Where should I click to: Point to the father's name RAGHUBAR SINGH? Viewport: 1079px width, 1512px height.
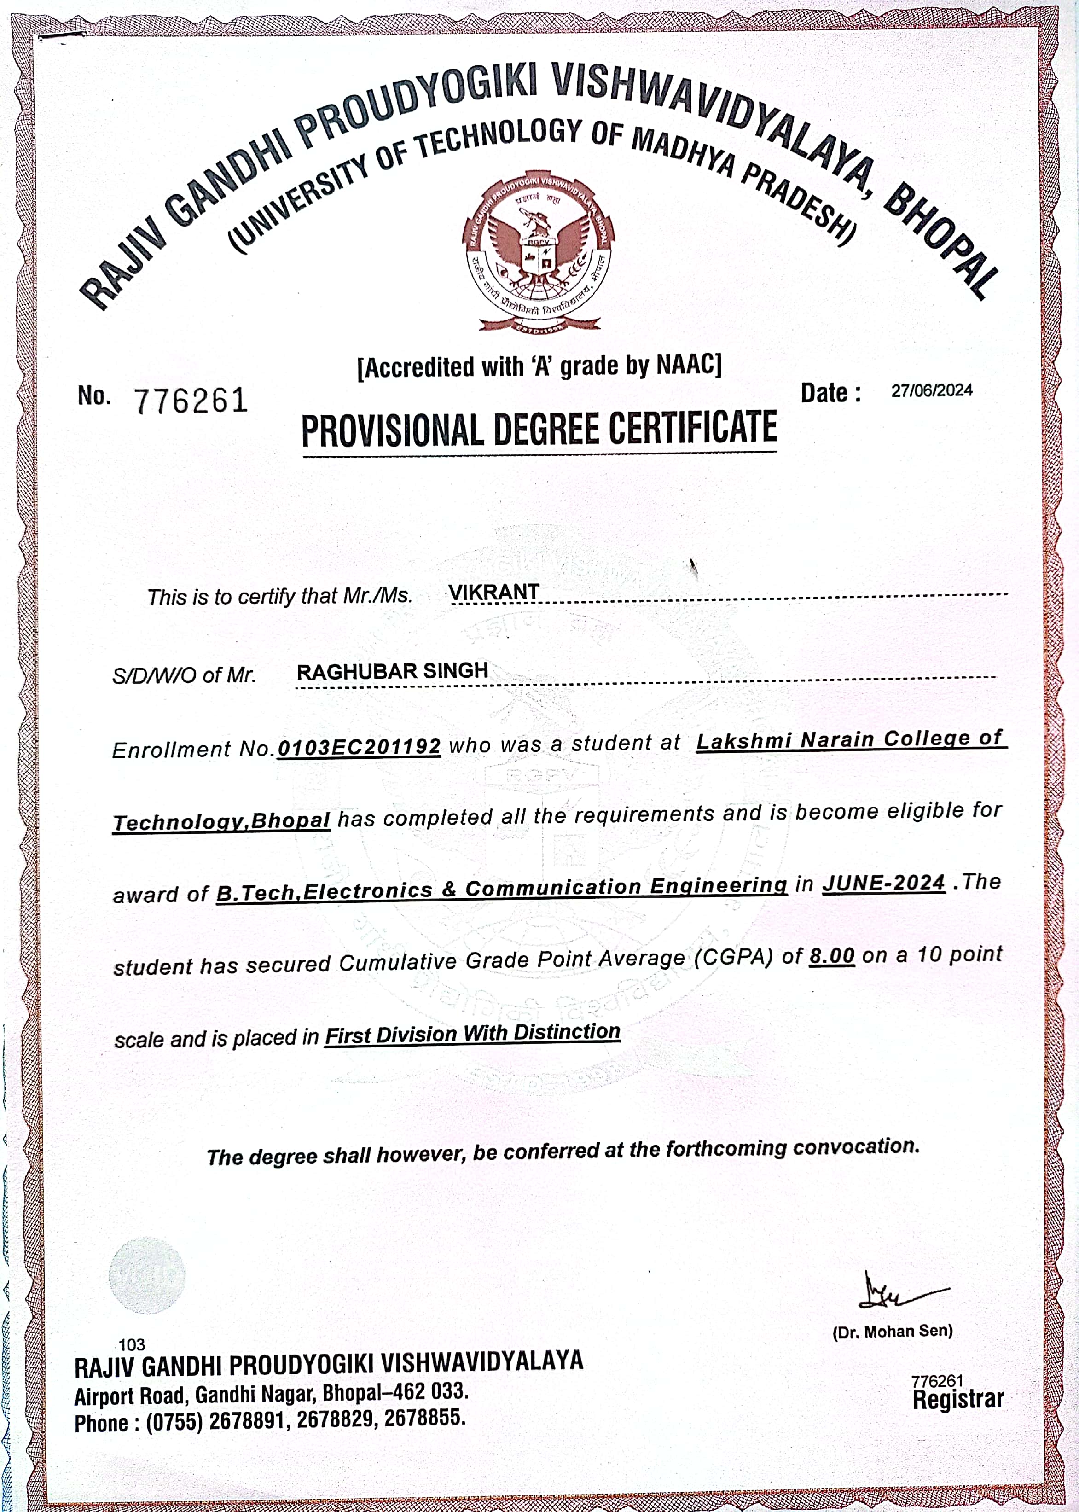[x=392, y=671]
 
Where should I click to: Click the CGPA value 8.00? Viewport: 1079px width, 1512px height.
[x=831, y=956]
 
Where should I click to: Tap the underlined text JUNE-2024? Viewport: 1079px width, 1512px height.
[x=884, y=883]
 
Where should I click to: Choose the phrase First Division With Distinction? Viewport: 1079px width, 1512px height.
[x=472, y=1034]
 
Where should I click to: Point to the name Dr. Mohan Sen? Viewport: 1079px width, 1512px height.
[x=892, y=1331]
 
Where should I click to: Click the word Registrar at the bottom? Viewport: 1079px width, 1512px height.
[x=957, y=1400]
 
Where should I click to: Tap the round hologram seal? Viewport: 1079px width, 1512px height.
[x=147, y=1275]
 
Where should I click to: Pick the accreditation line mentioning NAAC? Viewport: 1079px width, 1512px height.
[x=539, y=366]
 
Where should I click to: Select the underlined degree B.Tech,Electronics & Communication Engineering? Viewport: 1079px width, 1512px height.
[x=502, y=889]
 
